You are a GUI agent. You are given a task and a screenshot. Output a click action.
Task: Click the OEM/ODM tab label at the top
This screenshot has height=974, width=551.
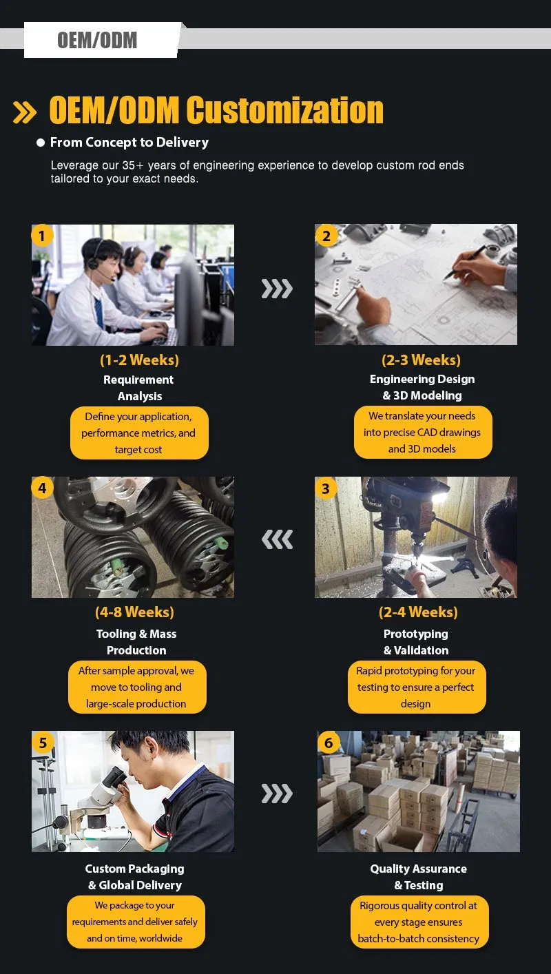97,40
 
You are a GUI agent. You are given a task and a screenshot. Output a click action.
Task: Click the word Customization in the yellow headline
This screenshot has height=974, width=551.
285,110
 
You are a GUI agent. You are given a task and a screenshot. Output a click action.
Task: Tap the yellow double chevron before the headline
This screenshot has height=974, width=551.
25,112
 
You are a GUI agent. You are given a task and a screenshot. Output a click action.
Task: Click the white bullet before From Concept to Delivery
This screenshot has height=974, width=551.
41,143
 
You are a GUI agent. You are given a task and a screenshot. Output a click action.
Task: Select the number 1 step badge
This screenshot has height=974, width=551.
42,236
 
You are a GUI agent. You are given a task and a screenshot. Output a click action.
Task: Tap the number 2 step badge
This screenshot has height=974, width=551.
326,236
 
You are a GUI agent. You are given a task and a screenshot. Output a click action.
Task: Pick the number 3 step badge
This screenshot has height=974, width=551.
325,488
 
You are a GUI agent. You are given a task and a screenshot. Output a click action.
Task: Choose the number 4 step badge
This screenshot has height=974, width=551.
42,488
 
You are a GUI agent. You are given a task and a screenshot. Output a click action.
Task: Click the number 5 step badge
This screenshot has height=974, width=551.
42,743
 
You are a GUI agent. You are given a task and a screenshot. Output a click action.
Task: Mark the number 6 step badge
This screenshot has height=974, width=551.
329,743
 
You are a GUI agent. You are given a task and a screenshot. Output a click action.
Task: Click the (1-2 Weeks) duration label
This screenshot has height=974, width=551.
140,360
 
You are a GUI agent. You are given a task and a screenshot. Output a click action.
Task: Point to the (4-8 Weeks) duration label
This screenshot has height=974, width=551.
135,612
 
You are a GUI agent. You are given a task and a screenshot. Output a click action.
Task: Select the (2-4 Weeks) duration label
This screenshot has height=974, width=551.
418,612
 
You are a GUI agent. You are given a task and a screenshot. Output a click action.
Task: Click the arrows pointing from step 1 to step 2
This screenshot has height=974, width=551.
277,289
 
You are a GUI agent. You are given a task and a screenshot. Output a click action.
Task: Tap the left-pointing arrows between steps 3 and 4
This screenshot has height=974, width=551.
277,539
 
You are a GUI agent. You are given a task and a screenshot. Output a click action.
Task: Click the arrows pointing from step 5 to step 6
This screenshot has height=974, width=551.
277,794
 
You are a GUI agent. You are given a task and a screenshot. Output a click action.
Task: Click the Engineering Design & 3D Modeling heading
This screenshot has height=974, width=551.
422,387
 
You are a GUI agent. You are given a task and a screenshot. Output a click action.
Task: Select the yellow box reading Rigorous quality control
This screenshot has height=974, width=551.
419,922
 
